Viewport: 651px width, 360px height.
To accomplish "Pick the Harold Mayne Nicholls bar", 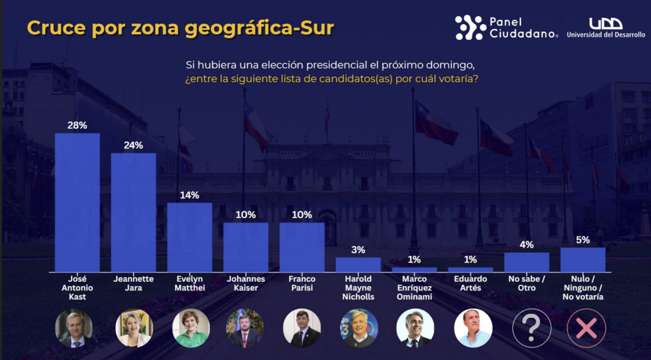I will tap(358, 264).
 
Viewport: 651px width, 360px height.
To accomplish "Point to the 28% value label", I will tap(77, 125).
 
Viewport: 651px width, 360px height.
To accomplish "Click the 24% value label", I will tap(133, 145).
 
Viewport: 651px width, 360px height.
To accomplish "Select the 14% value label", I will tap(190, 195).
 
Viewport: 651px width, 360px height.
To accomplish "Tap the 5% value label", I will tap(583, 240).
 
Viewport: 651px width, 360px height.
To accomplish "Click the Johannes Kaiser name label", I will tap(246, 283).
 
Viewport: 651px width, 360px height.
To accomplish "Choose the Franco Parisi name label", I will tap(302, 283).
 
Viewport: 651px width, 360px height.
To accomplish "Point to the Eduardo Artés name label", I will tap(470, 283).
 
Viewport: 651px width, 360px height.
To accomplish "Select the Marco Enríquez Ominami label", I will tap(415, 287).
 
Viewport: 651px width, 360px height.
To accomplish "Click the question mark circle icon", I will tap(531, 328).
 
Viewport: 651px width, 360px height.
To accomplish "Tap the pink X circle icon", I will tap(586, 328).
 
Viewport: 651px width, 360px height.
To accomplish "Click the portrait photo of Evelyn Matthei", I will tap(191, 328).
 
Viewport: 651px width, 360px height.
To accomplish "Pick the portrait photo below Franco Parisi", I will tap(302, 328).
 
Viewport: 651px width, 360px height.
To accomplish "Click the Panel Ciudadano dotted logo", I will tap(470, 27).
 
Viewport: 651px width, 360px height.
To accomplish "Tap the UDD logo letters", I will tap(606, 23).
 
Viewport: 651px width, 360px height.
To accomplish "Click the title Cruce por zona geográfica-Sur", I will tap(181, 28).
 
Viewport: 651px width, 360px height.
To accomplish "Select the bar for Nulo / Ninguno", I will tap(583, 259).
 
